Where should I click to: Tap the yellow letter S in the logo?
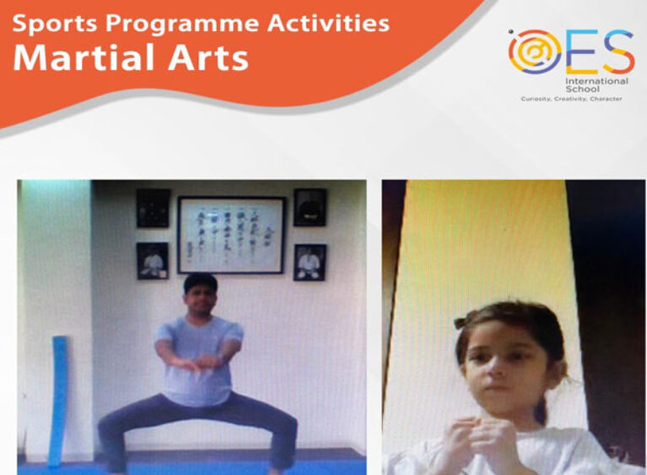[617, 51]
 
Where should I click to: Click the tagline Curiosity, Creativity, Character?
[571, 99]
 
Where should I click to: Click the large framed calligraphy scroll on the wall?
[232, 235]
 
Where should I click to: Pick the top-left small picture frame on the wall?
[153, 207]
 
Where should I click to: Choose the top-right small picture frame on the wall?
[310, 207]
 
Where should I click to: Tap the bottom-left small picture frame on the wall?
[153, 262]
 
